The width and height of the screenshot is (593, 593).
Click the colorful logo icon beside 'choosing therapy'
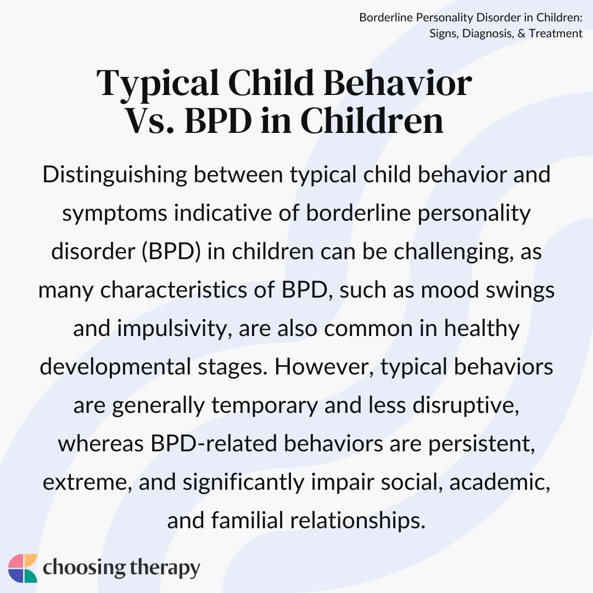tap(23, 568)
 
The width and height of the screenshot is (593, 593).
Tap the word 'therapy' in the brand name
tap(165, 568)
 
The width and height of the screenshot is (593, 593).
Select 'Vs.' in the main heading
tap(149, 121)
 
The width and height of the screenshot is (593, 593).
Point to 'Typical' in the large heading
tap(158, 84)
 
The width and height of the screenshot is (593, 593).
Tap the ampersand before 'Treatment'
tap(522, 33)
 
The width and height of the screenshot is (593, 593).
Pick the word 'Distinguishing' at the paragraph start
tap(115, 175)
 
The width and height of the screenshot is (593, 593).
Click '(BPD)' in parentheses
tap(171, 251)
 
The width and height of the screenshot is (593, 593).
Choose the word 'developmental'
tap(115, 367)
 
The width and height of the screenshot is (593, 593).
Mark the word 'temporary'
tap(264, 405)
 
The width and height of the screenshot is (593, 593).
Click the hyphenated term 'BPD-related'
tap(214, 443)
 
